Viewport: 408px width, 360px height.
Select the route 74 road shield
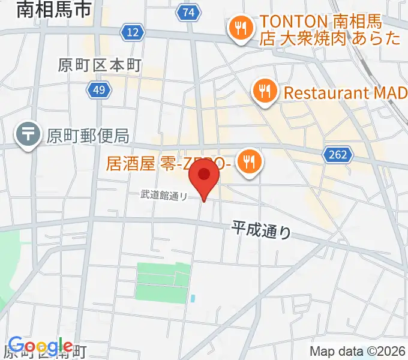(189, 13)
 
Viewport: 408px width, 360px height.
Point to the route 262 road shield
(338, 155)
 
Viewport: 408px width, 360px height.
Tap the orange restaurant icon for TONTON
(241, 29)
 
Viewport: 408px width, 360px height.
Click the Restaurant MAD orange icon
(264, 93)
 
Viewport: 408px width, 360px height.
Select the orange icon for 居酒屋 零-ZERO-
(247, 161)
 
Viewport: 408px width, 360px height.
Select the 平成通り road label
(261, 229)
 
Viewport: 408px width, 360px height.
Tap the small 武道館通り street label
(164, 194)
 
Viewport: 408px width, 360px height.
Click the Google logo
(40, 346)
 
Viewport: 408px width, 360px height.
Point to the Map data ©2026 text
(358, 351)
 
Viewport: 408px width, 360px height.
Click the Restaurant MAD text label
(345, 93)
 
